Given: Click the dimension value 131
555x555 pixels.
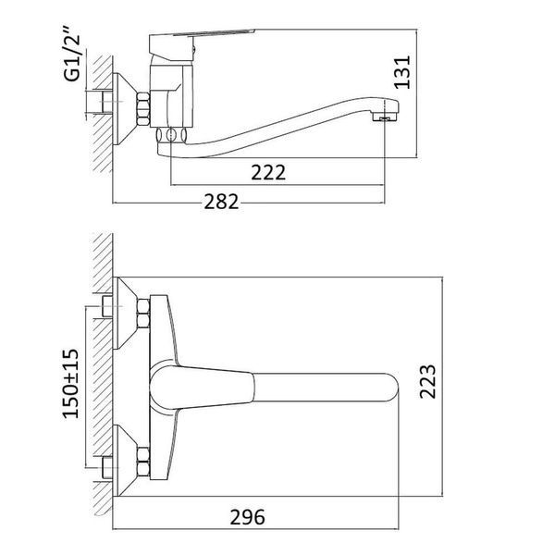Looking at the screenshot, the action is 402,72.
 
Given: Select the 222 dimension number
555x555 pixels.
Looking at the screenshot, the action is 268,172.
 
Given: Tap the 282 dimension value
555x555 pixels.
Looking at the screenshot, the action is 221,202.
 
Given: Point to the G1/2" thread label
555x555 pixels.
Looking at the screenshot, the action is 72,54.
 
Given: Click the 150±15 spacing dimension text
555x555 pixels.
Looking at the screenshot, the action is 71,384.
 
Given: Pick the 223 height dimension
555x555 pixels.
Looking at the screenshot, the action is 427,381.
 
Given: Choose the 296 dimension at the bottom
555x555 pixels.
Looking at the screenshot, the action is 247,517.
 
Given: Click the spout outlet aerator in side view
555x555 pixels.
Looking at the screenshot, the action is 385,118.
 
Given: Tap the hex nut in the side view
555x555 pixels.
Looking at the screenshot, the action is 143,108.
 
